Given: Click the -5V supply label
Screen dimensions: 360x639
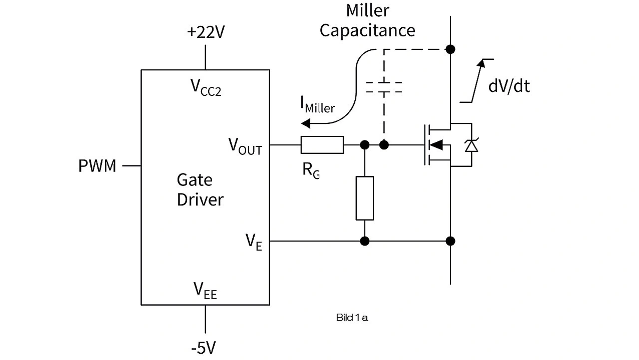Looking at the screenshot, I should click(205, 347).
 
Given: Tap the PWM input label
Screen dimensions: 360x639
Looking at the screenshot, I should click(97, 165).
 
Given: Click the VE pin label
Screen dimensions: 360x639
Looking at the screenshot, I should click(254, 242).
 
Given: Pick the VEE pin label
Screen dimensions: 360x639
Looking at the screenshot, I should click(205, 290).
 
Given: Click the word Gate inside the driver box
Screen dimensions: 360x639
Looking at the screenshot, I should click(194, 180).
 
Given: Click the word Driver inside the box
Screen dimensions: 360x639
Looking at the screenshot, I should click(200, 200).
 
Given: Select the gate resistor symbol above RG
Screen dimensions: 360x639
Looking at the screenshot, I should click(322, 145).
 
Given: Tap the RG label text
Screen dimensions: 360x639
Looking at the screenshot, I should click(310, 172).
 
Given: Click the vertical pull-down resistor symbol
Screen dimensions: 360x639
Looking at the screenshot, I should click(364, 198).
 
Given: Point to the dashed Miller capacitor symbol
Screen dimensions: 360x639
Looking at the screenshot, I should click(384, 87).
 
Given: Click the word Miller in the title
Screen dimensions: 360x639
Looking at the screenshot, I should click(367, 10).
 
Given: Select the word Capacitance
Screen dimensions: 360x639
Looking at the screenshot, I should click(367, 30).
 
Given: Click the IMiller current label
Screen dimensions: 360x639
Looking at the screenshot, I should click(318, 105).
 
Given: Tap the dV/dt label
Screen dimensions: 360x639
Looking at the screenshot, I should click(509, 86).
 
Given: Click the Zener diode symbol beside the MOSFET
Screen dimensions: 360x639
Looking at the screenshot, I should click(471, 146).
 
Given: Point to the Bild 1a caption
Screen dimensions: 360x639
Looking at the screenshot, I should click(352, 317).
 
